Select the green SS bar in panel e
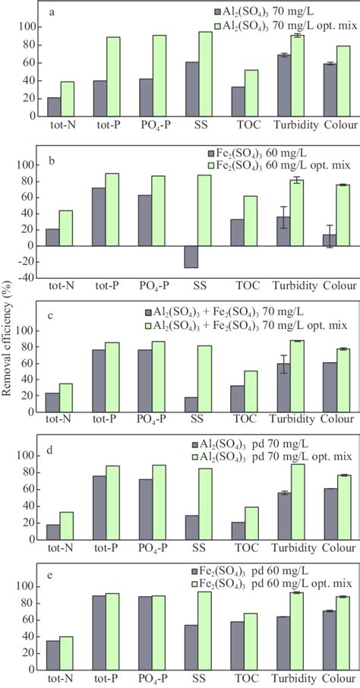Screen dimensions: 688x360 205,639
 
